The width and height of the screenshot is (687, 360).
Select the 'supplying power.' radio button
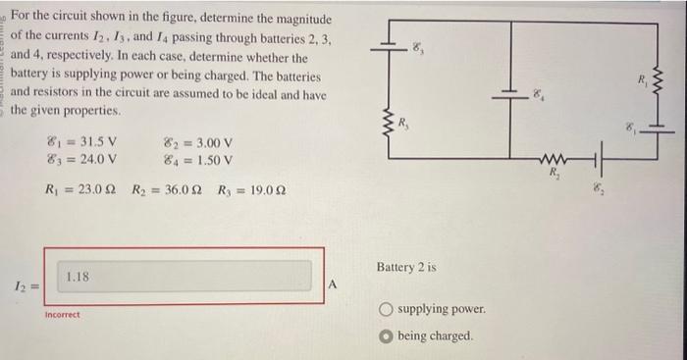pyautogui.click(x=388, y=309)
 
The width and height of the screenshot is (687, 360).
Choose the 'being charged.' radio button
pyautogui.click(x=388, y=335)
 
